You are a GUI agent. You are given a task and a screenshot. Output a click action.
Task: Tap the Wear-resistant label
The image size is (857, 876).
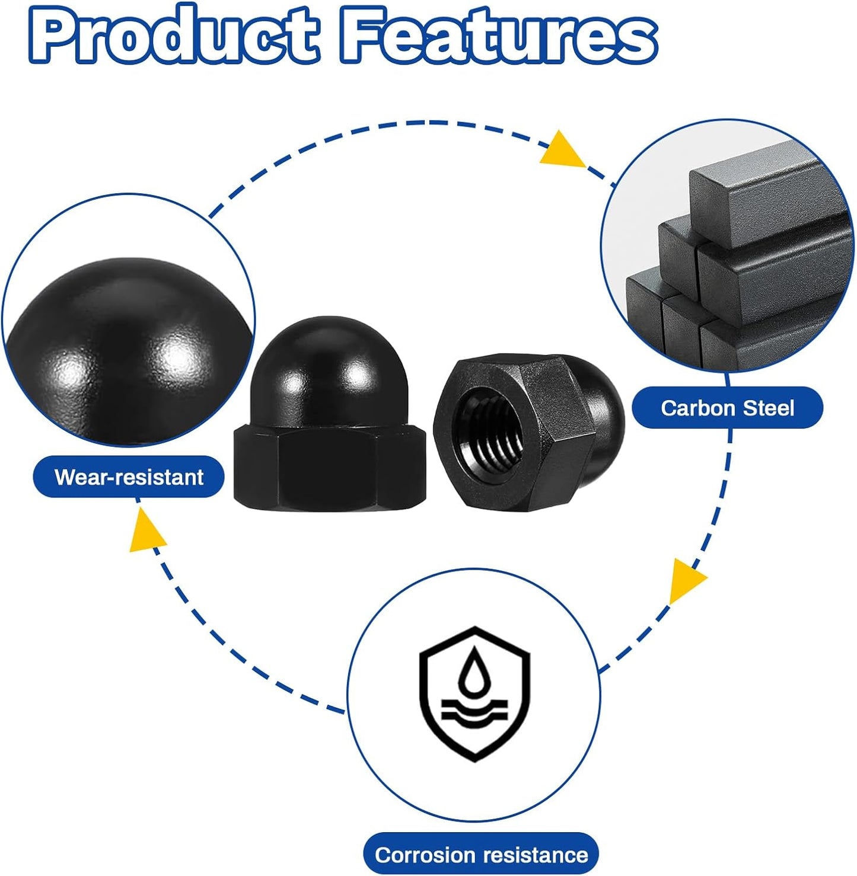click(129, 477)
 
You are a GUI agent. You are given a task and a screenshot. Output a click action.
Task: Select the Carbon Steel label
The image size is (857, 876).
click(728, 408)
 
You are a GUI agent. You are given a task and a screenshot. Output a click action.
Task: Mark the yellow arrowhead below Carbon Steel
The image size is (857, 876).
click(686, 579)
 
